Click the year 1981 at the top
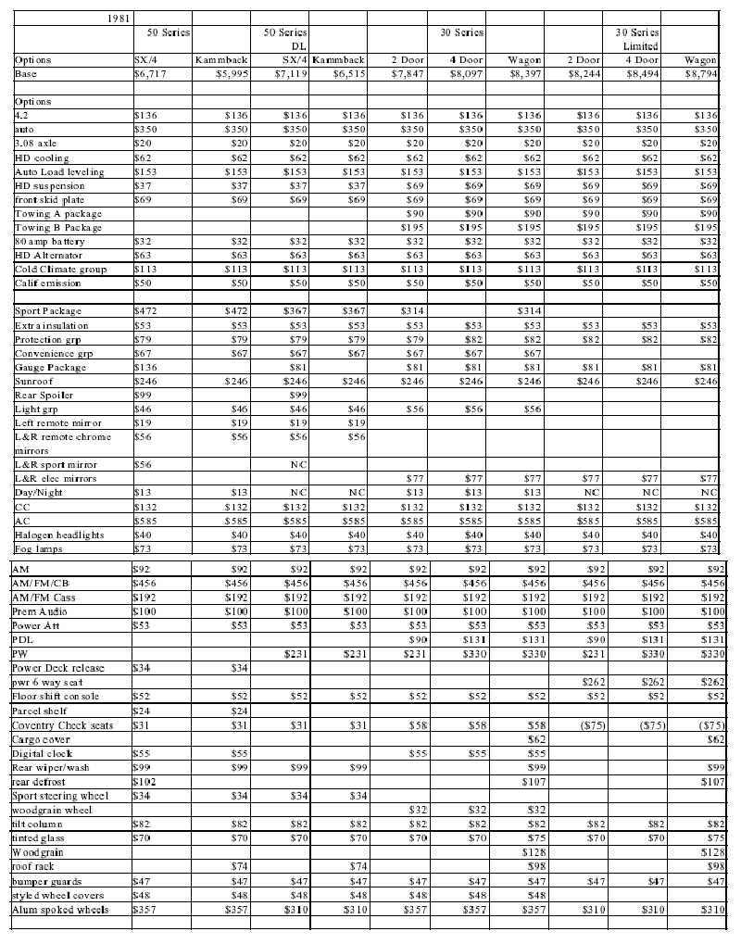(x=118, y=18)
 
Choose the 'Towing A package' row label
(x=57, y=214)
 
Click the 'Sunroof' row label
(x=35, y=382)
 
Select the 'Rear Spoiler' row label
(x=44, y=396)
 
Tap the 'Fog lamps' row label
(x=39, y=549)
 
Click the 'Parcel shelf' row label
(x=42, y=711)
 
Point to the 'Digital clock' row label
(x=42, y=755)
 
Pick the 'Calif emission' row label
(x=48, y=283)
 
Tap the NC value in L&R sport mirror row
(x=298, y=465)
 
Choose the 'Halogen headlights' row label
(x=59, y=535)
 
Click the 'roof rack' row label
(x=35, y=866)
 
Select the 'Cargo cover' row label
(x=41, y=739)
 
